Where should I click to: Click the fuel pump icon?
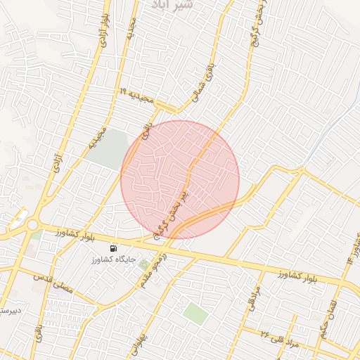point(112,248)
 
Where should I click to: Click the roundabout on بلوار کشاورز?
point(33,225)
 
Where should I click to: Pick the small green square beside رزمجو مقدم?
point(144,265)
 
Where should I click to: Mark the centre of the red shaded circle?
point(180,180)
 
